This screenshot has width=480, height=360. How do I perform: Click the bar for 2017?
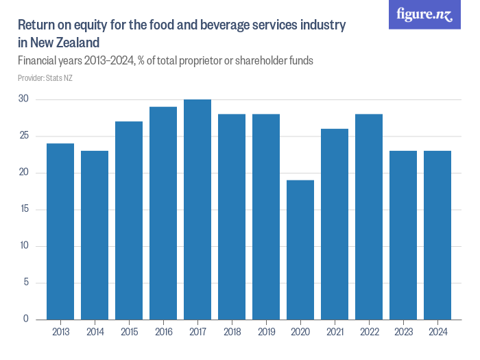(x=197, y=209)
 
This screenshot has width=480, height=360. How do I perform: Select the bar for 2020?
(x=300, y=250)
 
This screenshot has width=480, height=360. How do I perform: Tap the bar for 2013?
(x=60, y=231)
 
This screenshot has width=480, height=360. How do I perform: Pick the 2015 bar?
(x=129, y=220)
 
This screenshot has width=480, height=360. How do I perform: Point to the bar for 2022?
(x=369, y=217)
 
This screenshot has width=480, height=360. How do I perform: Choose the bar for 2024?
(x=437, y=235)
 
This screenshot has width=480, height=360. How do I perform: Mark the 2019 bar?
(x=266, y=217)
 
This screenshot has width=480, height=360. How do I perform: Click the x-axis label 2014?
(x=95, y=332)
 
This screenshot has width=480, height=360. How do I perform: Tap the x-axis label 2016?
(x=163, y=332)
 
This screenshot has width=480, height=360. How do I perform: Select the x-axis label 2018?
(x=232, y=332)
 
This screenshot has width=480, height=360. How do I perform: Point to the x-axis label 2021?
(x=335, y=332)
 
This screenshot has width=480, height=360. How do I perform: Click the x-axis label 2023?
(x=403, y=332)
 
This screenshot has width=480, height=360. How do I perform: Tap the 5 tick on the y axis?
(x=25, y=283)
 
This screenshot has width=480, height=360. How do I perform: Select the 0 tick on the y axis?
(x=25, y=319)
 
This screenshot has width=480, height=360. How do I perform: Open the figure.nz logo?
(x=424, y=14)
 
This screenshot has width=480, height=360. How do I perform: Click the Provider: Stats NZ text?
(x=45, y=78)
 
